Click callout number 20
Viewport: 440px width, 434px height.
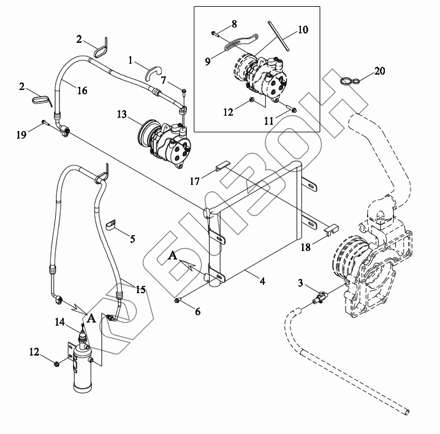(x=380, y=70)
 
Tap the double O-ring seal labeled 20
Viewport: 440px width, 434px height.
(x=351, y=81)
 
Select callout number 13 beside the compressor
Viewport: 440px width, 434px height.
(x=122, y=114)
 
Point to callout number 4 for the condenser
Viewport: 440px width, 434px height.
(x=262, y=281)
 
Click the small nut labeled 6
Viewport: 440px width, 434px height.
(x=177, y=301)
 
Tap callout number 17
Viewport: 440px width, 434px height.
(x=194, y=181)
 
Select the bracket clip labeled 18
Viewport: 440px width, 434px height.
(x=331, y=229)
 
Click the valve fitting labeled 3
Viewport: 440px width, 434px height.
(x=320, y=297)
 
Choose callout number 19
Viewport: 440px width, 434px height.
(x=21, y=135)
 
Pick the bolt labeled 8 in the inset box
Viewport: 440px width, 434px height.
(x=215, y=34)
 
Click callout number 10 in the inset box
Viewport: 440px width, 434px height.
(x=303, y=29)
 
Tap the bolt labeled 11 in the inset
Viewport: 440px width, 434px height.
(x=291, y=108)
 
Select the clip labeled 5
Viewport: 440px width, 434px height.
(x=112, y=225)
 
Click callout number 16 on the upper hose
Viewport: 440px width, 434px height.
(x=82, y=90)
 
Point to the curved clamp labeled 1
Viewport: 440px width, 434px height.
(x=153, y=72)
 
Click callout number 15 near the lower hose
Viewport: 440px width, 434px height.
(x=140, y=290)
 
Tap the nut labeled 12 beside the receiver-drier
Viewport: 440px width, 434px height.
(x=56, y=364)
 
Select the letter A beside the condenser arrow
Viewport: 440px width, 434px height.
(x=173, y=255)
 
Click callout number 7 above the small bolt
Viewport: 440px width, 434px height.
(x=164, y=80)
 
